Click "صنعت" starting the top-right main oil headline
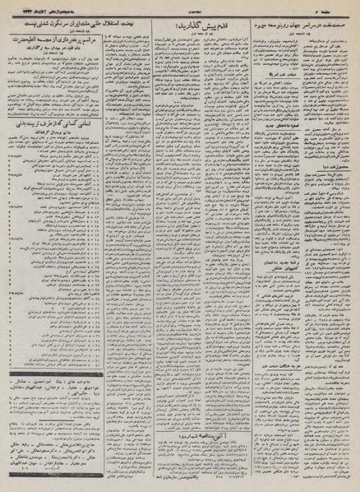click(343, 23)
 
